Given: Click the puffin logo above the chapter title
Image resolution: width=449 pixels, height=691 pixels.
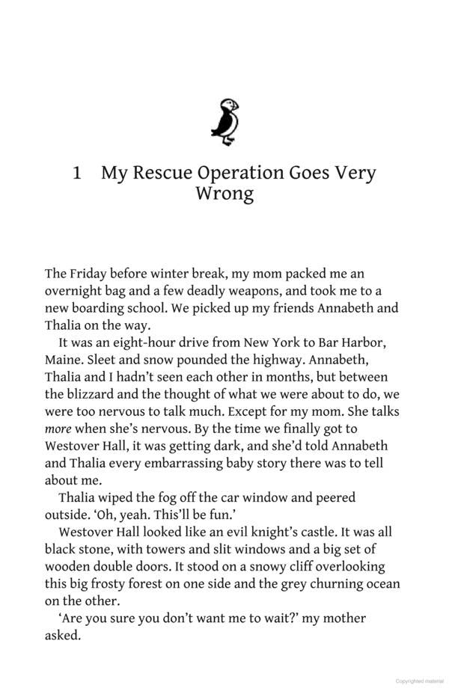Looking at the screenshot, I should [x=224, y=121].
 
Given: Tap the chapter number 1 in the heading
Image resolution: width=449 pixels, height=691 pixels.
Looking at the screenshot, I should [x=77, y=173].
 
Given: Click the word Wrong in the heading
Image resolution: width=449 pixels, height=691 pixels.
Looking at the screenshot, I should [x=224, y=194].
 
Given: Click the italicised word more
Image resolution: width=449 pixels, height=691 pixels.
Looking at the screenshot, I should [x=59, y=429].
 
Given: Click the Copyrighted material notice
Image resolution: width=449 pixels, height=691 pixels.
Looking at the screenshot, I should [x=419, y=681].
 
